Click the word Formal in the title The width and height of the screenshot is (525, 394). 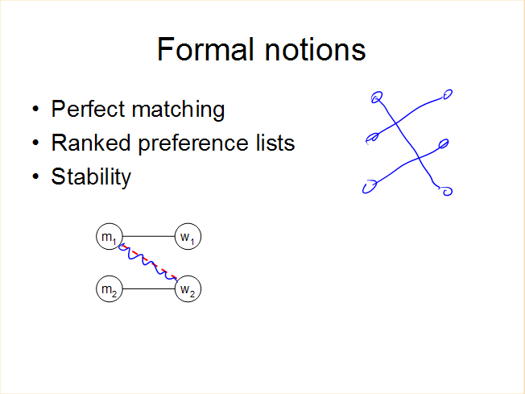click(x=205, y=49)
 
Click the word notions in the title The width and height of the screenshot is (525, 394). click(x=315, y=49)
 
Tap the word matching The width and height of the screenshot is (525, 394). click(x=178, y=110)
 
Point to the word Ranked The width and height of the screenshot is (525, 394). click(x=91, y=143)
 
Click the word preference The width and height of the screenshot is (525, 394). click(x=193, y=143)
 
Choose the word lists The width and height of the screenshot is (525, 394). click(x=275, y=143)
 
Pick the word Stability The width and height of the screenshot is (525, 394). click(x=91, y=176)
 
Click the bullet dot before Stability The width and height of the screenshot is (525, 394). click(x=35, y=176)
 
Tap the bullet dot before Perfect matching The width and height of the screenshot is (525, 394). click(x=35, y=109)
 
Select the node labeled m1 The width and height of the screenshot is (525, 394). click(x=110, y=237)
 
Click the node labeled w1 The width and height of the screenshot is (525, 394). click(x=188, y=237)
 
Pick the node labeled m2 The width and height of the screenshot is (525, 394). click(x=110, y=288)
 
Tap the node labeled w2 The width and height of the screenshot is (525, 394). click(x=188, y=288)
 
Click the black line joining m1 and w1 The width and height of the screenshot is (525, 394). click(x=149, y=236)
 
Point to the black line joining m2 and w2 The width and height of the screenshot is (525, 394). click(x=149, y=288)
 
